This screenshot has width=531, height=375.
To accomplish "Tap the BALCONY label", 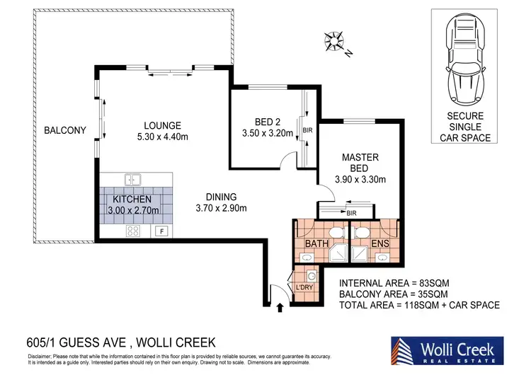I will click(64, 130).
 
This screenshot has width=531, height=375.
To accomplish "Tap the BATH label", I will click(315, 245).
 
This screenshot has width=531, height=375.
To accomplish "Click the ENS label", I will click(379, 245).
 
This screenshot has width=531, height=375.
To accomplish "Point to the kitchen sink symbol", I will click(132, 180).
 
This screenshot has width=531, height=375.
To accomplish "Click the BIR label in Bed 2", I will click(306, 130).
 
